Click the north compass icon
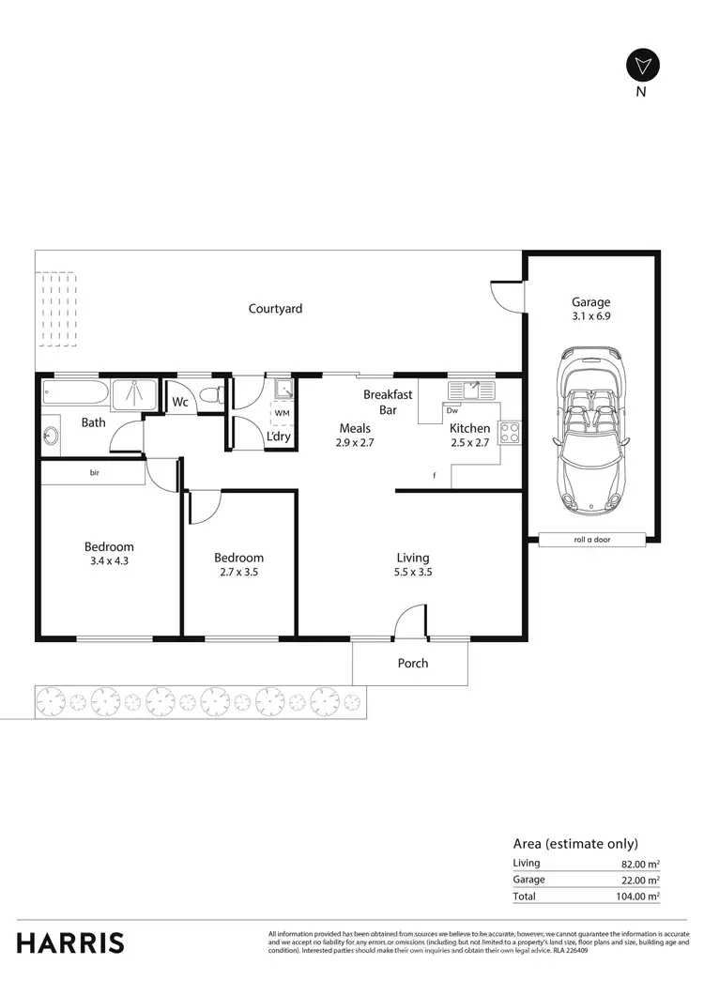click(642, 66)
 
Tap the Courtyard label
click(275, 309)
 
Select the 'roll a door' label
click(591, 540)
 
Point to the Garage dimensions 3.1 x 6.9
click(591, 318)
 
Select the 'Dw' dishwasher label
click(452, 410)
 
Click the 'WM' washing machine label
click(282, 412)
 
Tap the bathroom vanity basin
click(50, 435)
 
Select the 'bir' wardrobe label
click(95, 473)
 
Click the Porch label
click(412, 663)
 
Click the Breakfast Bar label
click(388, 403)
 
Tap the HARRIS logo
click(70, 942)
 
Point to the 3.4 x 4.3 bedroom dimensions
click(109, 562)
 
